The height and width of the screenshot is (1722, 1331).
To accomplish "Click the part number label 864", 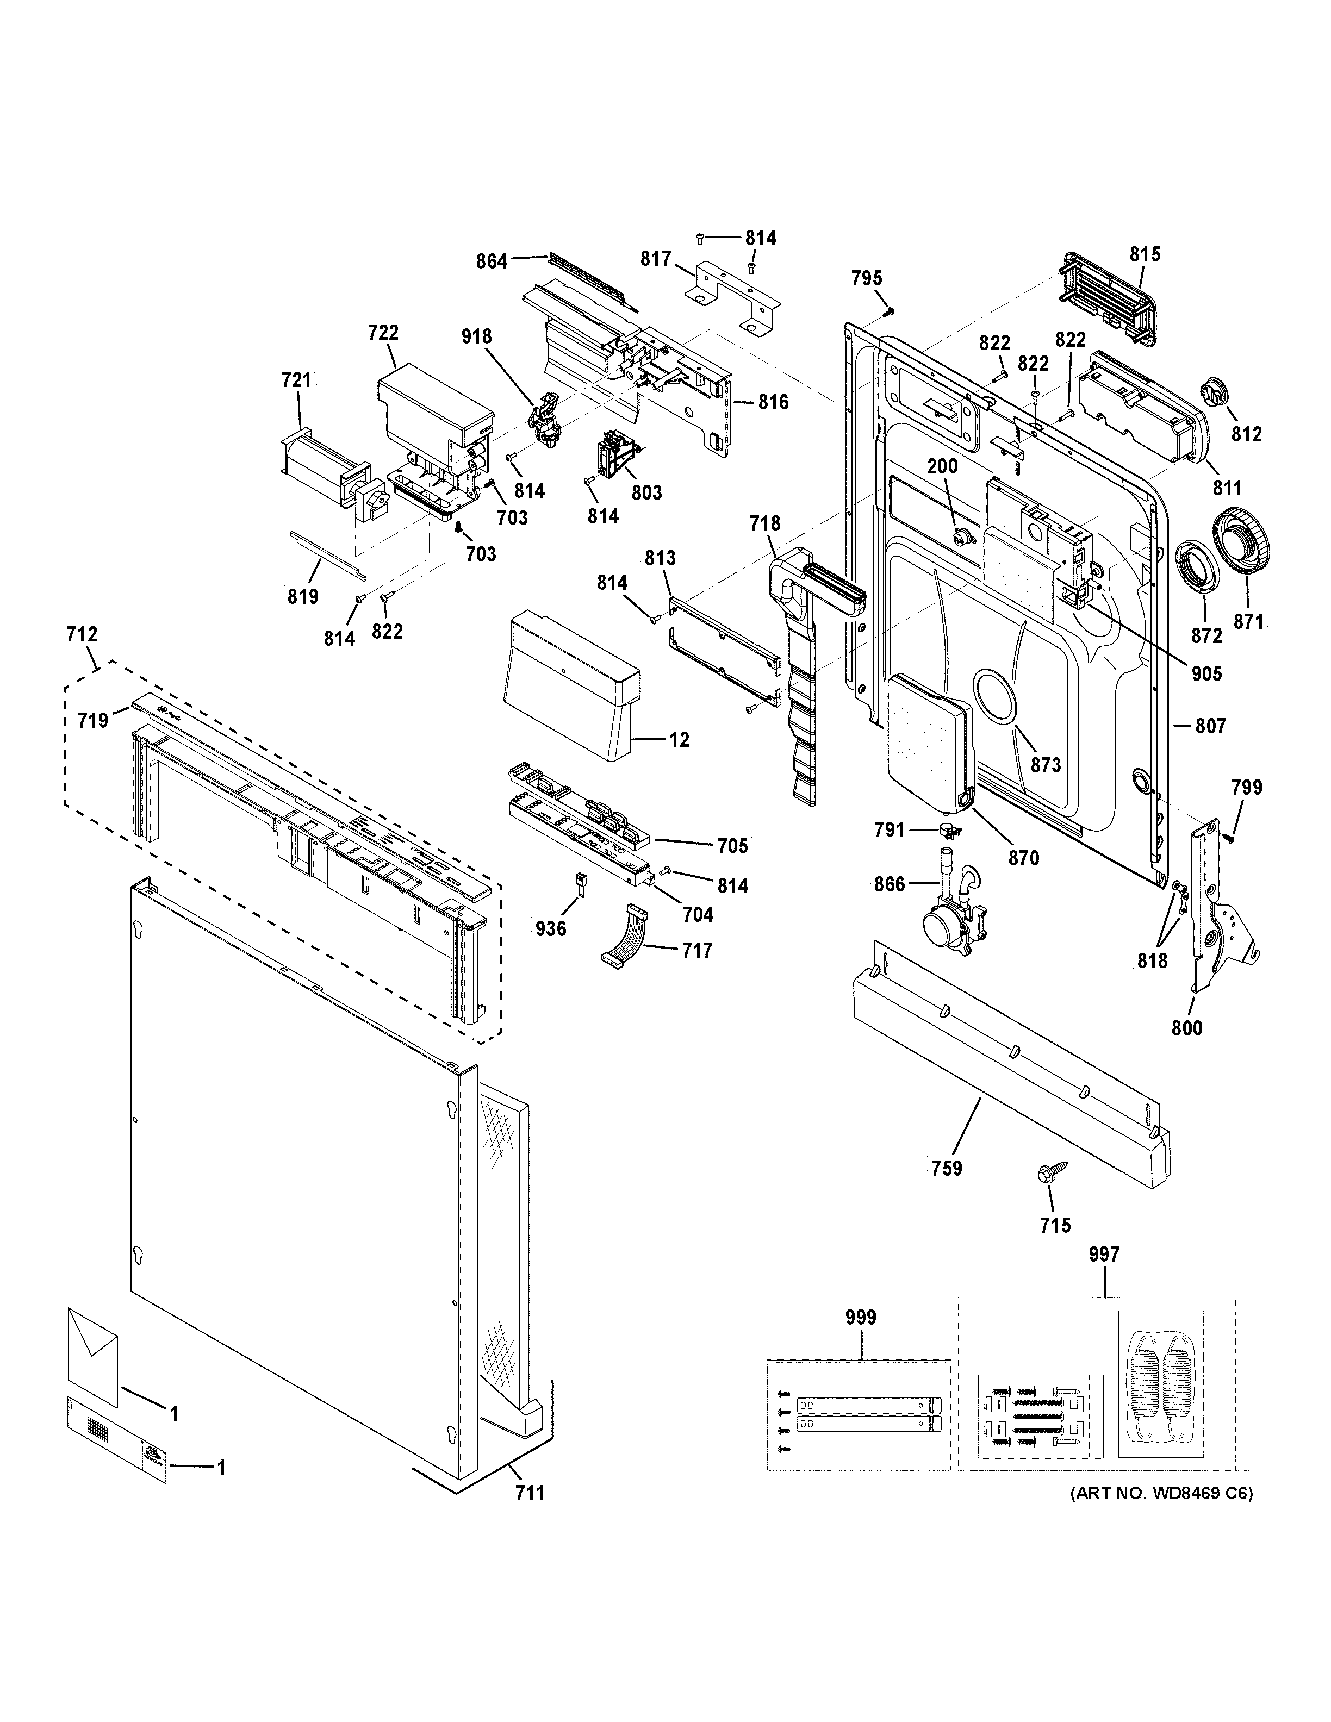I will click(x=491, y=261).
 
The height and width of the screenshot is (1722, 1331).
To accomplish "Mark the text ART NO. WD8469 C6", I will click(x=1161, y=1493).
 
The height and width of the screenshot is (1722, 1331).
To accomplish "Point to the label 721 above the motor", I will click(x=296, y=380).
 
